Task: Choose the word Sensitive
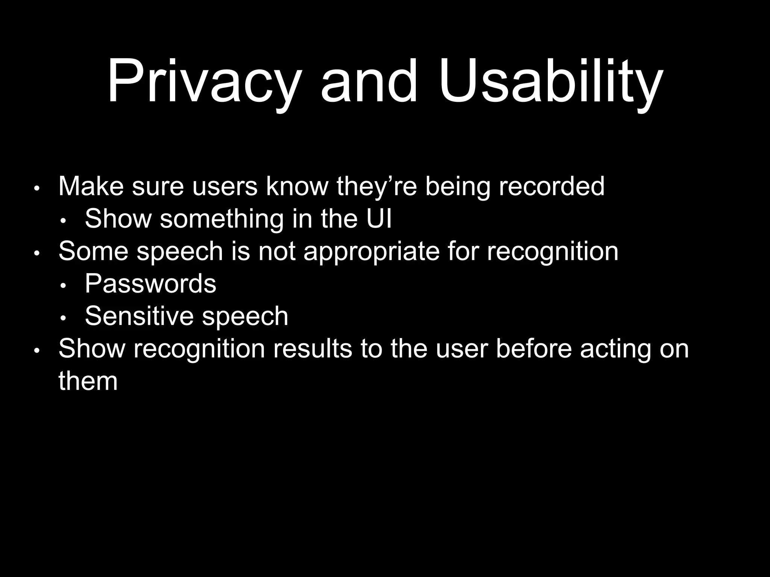click(x=139, y=316)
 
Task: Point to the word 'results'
click(x=312, y=348)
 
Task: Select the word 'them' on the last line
click(x=88, y=381)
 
